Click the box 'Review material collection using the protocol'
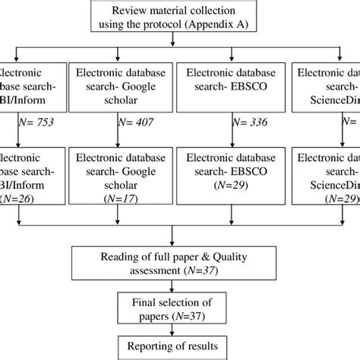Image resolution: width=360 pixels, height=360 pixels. (179, 17)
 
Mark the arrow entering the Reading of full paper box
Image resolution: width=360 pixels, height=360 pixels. (179, 234)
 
